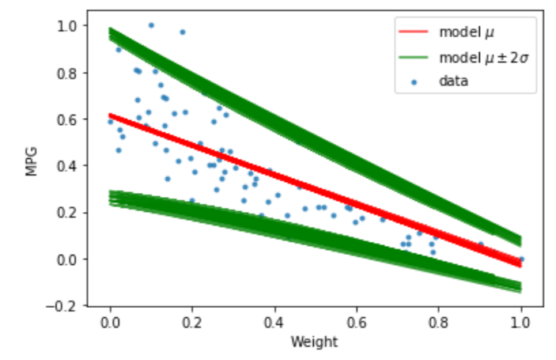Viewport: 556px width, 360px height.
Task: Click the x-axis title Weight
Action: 315,342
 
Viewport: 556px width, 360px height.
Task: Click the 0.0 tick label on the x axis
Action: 110,322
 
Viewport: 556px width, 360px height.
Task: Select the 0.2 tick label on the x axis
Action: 192,322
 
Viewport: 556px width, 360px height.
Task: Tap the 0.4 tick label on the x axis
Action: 274,322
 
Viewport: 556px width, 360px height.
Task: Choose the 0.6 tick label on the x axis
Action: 357,322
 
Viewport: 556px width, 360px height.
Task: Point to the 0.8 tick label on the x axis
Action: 439,322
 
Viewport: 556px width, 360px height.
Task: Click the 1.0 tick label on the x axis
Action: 521,322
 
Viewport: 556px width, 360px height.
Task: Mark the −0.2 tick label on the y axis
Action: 66,305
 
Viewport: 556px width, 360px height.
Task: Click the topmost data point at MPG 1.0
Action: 151,25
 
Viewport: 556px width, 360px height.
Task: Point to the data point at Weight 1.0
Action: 521,259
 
